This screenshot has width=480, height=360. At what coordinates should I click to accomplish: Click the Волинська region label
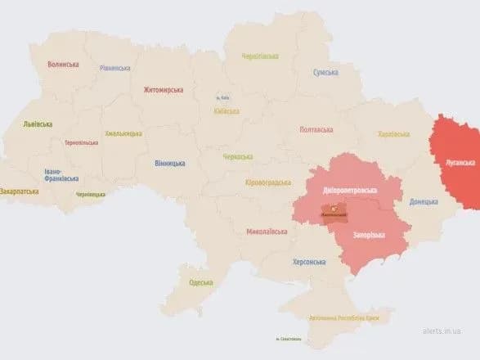pyautogui.click(x=63, y=64)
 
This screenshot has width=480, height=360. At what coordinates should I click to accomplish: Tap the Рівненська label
pyautogui.click(x=114, y=68)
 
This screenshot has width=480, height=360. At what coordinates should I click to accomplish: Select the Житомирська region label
pyautogui.click(x=164, y=90)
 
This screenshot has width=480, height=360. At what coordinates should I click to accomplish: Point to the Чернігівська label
pyautogui.click(x=259, y=56)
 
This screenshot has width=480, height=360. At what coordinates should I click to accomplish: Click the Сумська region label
pyautogui.click(x=325, y=73)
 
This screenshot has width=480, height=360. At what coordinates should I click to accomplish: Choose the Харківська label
pyautogui.click(x=394, y=134)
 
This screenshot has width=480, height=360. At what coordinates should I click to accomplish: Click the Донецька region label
pyautogui.click(x=424, y=200)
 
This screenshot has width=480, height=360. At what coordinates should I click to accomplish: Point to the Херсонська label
pyautogui.click(x=309, y=262)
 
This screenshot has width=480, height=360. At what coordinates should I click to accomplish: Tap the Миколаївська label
pyautogui.click(x=267, y=232)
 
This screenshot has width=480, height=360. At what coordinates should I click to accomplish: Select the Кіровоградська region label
pyautogui.click(x=269, y=183)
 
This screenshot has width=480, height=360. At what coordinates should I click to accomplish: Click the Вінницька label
pyautogui.click(x=169, y=163)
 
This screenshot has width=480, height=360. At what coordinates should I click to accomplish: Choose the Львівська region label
pyautogui.click(x=38, y=124)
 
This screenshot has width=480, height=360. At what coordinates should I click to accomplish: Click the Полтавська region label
pyautogui.click(x=316, y=129)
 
